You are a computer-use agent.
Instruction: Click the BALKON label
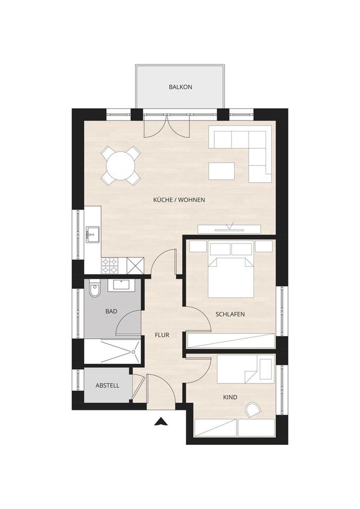point(180,87)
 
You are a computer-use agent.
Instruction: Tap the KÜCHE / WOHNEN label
point(179,200)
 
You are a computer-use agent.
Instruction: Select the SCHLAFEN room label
point(230,314)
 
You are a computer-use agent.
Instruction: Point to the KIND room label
point(230,397)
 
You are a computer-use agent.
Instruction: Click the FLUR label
point(162,335)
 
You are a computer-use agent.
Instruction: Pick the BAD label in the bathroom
point(111,311)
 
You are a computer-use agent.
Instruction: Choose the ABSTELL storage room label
point(107,385)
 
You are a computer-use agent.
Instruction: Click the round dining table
point(120,165)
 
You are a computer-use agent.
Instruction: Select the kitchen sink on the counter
point(92,234)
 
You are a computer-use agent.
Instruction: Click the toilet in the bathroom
point(94,289)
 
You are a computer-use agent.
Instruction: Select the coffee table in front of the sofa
point(222,171)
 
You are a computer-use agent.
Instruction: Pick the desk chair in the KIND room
point(252,410)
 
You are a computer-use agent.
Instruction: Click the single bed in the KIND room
point(245,369)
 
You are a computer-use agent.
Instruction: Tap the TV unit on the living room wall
point(230,229)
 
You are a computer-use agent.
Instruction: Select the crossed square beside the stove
point(135,266)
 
